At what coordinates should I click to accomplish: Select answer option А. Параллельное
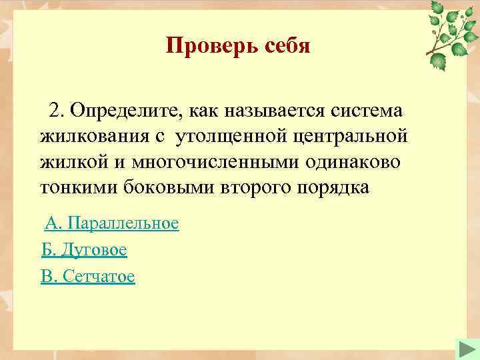tap(112, 223)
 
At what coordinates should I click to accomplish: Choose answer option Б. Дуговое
tap(84, 250)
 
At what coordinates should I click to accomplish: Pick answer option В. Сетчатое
tap(88, 277)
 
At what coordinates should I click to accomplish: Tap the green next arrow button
tap(465, 349)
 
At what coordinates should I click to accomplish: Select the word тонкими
tap(79, 189)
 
